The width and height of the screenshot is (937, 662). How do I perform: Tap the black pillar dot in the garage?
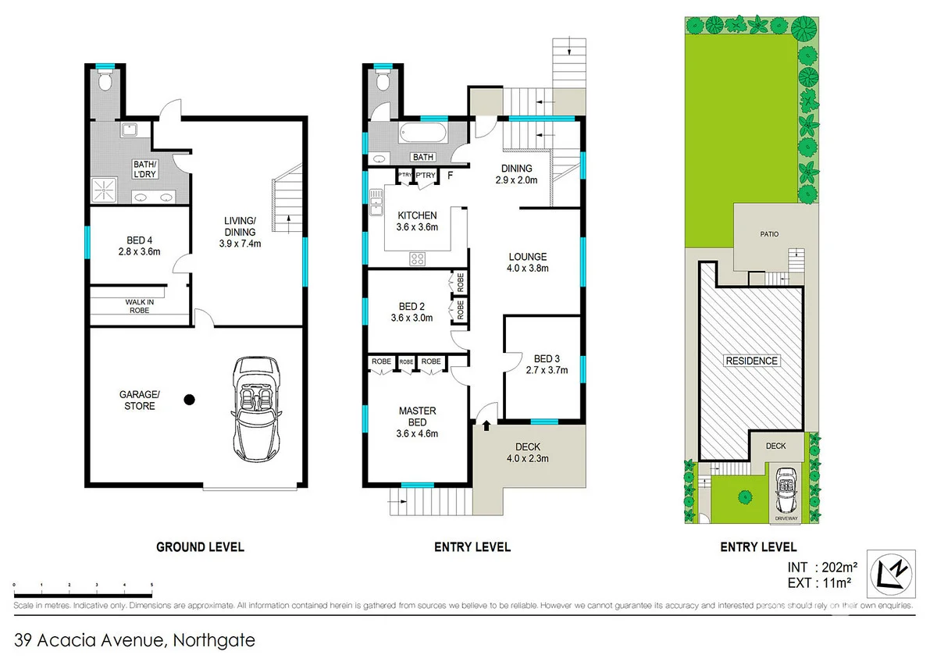(188, 400)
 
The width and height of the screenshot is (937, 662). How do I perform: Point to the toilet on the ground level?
(105, 80)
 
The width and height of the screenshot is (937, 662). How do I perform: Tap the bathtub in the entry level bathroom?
(423, 133)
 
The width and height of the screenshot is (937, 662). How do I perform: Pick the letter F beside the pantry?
(451, 176)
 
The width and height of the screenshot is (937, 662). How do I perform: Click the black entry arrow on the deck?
(487, 425)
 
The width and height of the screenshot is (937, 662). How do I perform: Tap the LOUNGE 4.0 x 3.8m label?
(528, 262)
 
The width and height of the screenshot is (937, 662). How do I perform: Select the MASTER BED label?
(417, 417)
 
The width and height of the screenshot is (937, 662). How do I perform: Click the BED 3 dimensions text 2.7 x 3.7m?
(546, 371)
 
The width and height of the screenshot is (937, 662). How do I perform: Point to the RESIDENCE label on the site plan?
(751, 361)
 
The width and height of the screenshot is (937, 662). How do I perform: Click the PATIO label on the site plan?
(769, 233)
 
